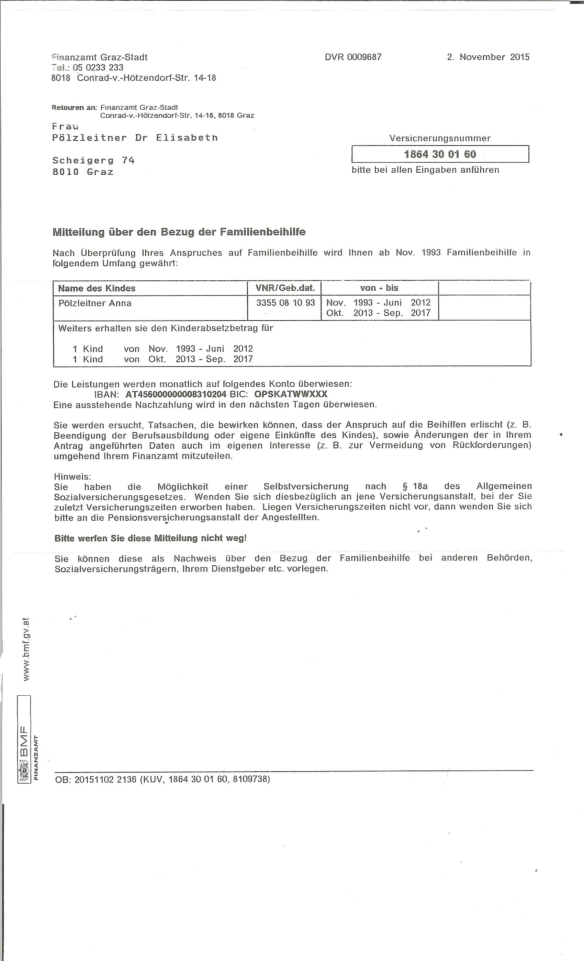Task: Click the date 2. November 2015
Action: [488, 57]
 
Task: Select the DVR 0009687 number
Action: [353, 57]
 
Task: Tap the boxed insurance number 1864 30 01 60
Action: [440, 154]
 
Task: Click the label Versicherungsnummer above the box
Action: [440, 138]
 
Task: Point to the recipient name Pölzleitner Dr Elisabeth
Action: [135, 138]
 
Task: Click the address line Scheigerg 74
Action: [93, 160]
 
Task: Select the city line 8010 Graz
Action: [83, 172]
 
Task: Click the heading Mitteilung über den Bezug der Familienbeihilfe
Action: [179, 232]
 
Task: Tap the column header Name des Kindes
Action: [97, 288]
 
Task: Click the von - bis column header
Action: [379, 288]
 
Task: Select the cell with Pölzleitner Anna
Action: [95, 303]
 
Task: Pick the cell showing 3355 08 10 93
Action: [285, 303]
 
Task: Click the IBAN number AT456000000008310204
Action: [176, 394]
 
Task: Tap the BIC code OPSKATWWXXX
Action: [290, 394]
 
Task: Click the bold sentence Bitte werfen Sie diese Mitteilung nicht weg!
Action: [150, 538]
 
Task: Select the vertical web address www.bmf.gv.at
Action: [26, 649]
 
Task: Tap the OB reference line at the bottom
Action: [162, 779]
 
